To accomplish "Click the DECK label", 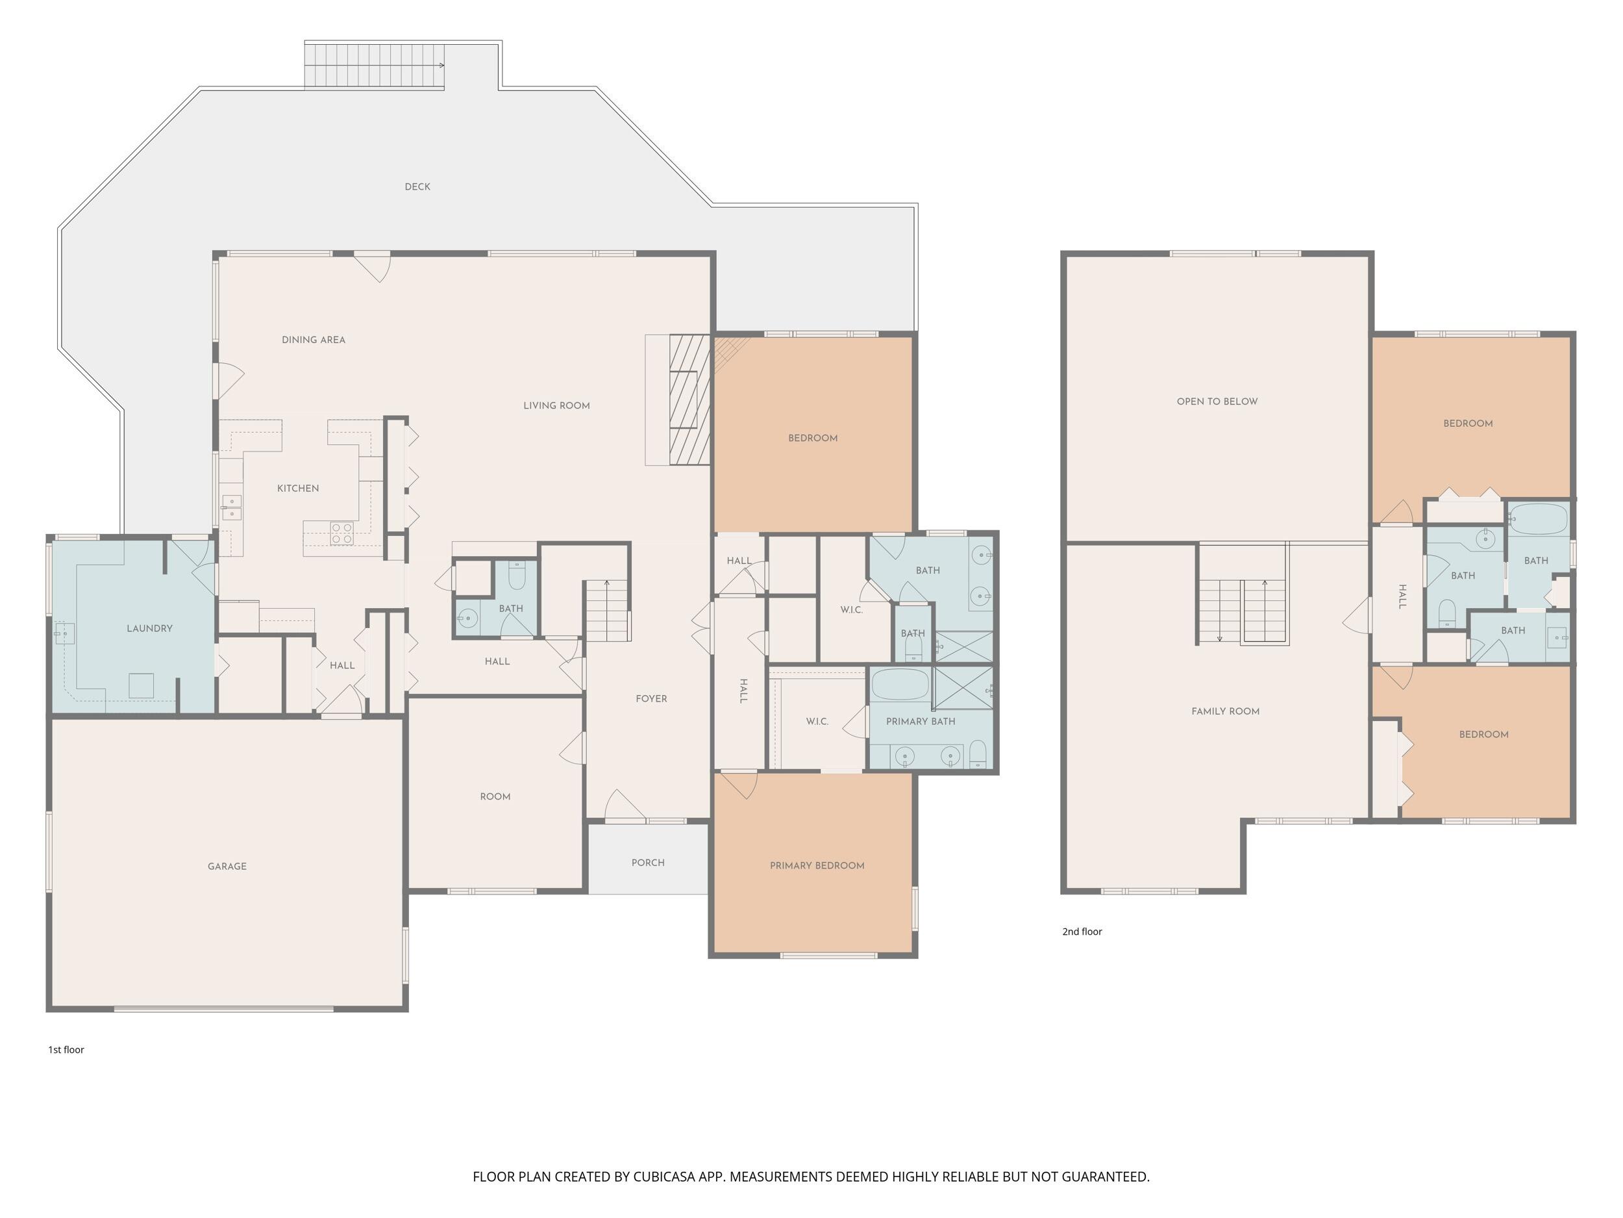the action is coord(417,186).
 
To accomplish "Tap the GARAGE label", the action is coord(227,867).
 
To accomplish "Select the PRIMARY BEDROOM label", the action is coord(817,866).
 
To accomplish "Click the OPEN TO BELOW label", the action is coord(1217,401).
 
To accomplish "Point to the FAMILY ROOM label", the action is coord(1225,711).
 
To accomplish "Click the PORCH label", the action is coord(648,863).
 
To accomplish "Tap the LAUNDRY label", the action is coord(150,628).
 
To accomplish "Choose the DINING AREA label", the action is coord(314,340).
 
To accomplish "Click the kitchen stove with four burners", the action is coord(341,533).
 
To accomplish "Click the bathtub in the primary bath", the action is coord(900,684).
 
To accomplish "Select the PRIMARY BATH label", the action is coord(920,722).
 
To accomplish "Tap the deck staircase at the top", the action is coord(374,66).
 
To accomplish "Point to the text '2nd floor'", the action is coord(1082,932).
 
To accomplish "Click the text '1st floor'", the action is coord(66,1050).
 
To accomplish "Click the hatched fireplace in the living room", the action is coord(689,400).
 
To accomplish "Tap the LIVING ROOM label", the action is coord(556,406).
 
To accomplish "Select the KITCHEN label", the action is coord(298,489).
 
